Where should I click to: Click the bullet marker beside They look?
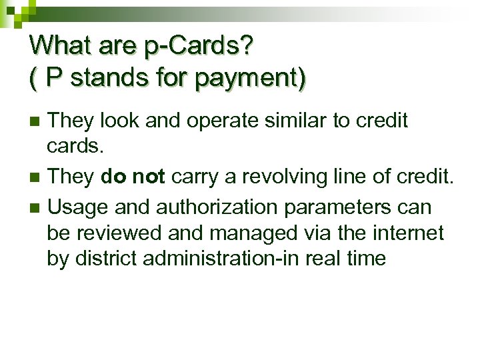pos(37,122)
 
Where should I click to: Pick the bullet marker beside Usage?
pos(37,208)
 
